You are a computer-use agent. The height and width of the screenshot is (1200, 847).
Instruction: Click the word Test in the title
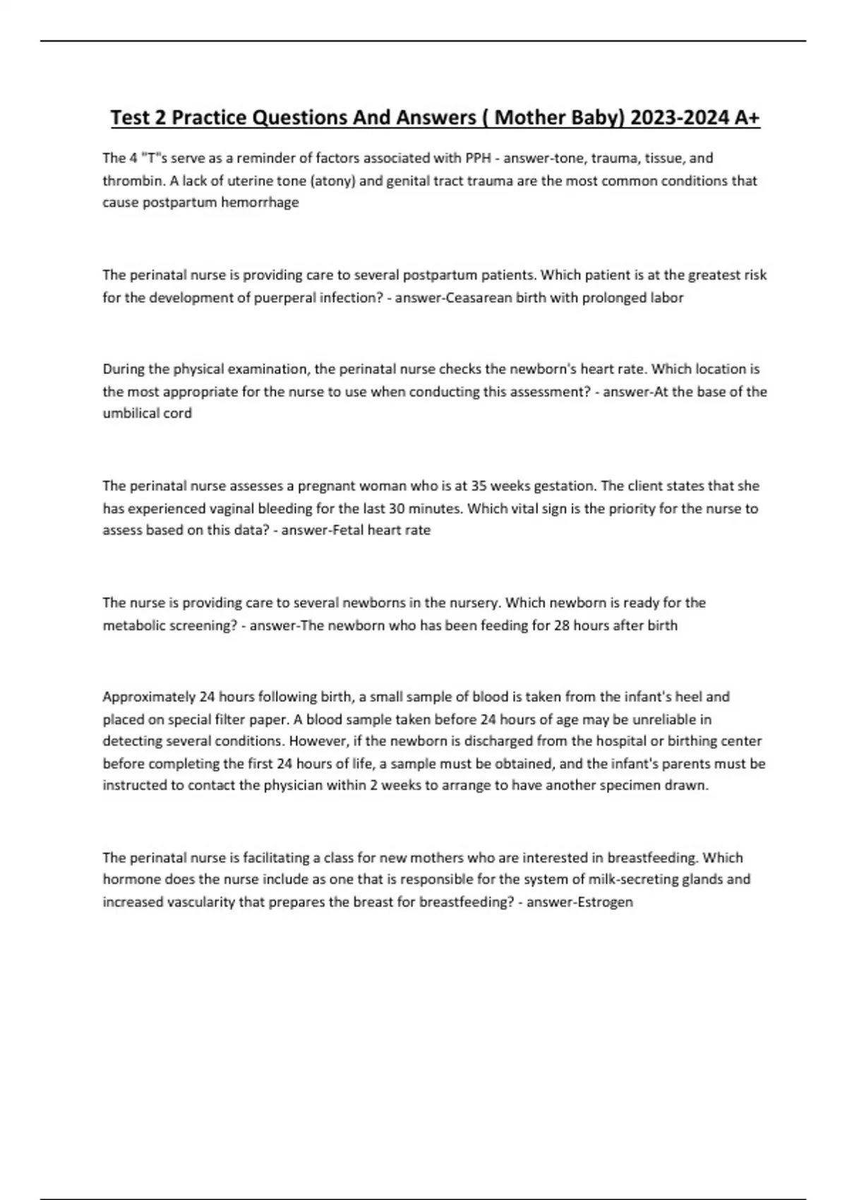130,117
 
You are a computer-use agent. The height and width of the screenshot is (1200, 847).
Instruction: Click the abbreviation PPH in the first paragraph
478,158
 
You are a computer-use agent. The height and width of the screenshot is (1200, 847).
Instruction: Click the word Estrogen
605,902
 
